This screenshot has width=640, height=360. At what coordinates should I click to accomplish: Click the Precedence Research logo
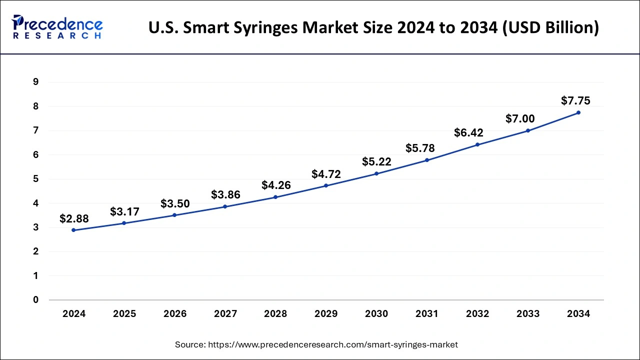pos(57,27)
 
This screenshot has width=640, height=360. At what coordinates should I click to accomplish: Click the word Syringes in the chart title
pos(273,27)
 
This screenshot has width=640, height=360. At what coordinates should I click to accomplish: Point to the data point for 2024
pos(74,230)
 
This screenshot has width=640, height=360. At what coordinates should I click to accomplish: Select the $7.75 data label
pos(575,101)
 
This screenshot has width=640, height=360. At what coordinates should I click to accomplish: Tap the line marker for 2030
pos(376,173)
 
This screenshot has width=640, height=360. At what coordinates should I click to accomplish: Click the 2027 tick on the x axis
pos(225,314)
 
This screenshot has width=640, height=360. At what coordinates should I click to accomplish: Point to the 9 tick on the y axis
pos(35,82)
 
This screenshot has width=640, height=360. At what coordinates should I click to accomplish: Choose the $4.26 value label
pos(276,185)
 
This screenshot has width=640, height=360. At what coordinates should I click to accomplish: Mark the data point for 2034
pos(578,112)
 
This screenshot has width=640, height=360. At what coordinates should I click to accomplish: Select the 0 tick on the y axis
pos(35,300)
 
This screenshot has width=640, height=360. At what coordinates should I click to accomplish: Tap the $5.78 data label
pos(420,148)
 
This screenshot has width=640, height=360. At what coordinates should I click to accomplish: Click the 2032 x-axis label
pos(477,314)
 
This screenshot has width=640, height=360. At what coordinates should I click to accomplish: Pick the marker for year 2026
pos(174,215)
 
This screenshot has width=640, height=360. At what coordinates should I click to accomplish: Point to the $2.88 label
pos(74,218)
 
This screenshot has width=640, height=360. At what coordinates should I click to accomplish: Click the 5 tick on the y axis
pos(35,179)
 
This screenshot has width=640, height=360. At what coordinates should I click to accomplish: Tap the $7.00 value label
pos(520,119)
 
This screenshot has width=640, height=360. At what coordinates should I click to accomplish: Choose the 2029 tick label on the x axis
pos(326,314)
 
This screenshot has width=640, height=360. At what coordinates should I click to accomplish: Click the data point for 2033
pos(528,130)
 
